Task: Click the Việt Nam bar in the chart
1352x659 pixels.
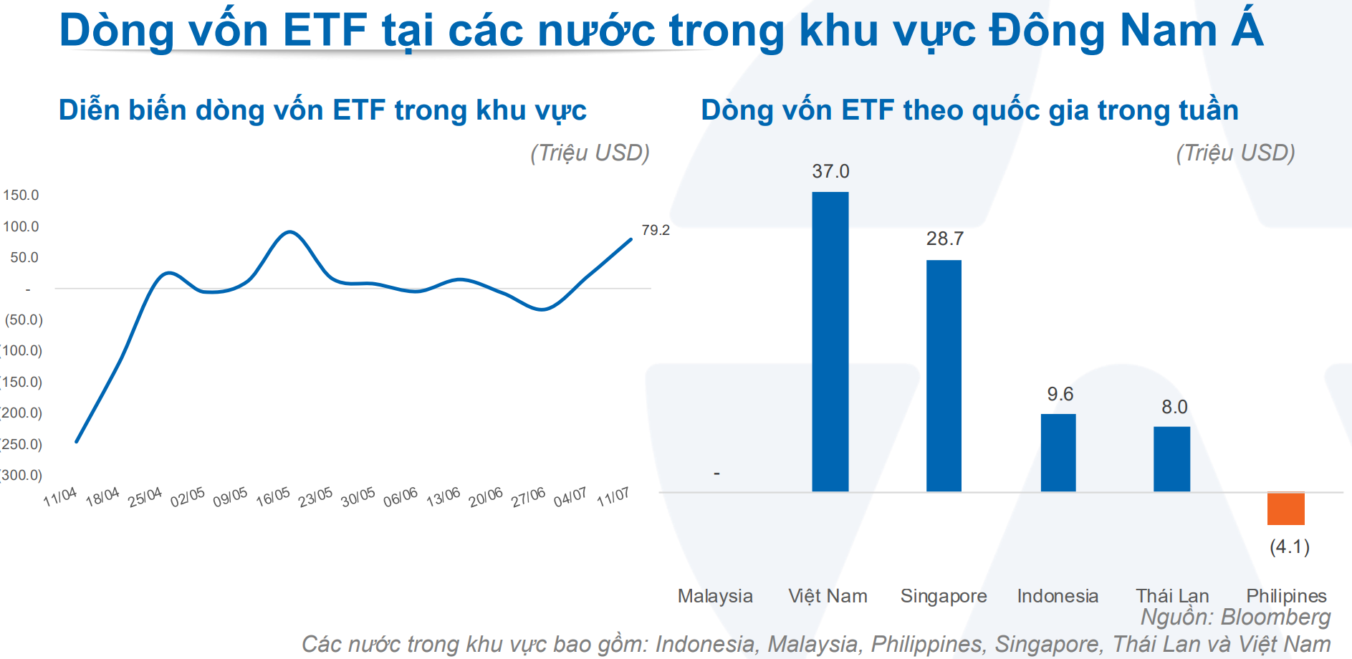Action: click(x=830, y=342)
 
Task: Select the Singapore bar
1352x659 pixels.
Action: click(x=944, y=376)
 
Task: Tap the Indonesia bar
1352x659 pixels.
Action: click(x=1058, y=453)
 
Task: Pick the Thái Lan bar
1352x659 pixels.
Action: click(x=1172, y=459)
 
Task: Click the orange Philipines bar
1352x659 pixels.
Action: click(x=1286, y=509)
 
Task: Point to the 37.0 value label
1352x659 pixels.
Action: click(x=830, y=171)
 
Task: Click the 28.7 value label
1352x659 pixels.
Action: click(x=945, y=239)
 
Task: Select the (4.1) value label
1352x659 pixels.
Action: click(x=1290, y=547)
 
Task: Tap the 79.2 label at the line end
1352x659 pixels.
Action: click(x=656, y=230)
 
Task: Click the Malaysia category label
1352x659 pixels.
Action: click(x=715, y=596)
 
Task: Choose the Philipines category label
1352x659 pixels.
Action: click(x=1286, y=596)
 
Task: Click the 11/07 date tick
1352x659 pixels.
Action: click(x=613, y=496)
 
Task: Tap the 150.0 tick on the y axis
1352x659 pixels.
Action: click(x=21, y=195)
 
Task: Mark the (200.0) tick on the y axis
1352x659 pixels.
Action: click(x=21, y=413)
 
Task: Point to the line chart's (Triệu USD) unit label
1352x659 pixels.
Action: click(x=590, y=153)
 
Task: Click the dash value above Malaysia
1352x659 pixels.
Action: click(x=716, y=473)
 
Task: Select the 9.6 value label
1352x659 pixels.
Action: click(x=1060, y=394)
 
